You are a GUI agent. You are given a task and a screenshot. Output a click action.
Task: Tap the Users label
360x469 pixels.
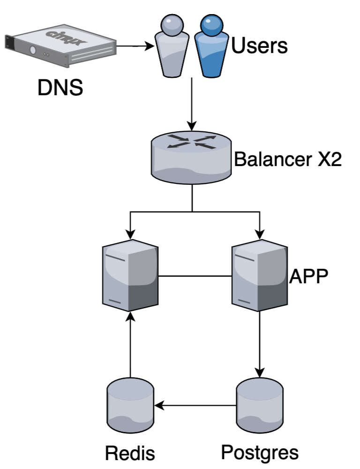point(259,46)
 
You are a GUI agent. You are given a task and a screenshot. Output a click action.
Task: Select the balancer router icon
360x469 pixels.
point(192,157)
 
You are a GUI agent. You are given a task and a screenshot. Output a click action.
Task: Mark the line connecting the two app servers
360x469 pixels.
point(195,276)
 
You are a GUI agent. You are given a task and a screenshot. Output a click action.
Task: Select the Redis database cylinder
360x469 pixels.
point(130,406)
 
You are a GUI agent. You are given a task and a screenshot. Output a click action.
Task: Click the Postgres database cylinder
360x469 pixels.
point(259,406)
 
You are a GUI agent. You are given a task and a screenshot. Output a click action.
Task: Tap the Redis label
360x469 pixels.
point(130,454)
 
